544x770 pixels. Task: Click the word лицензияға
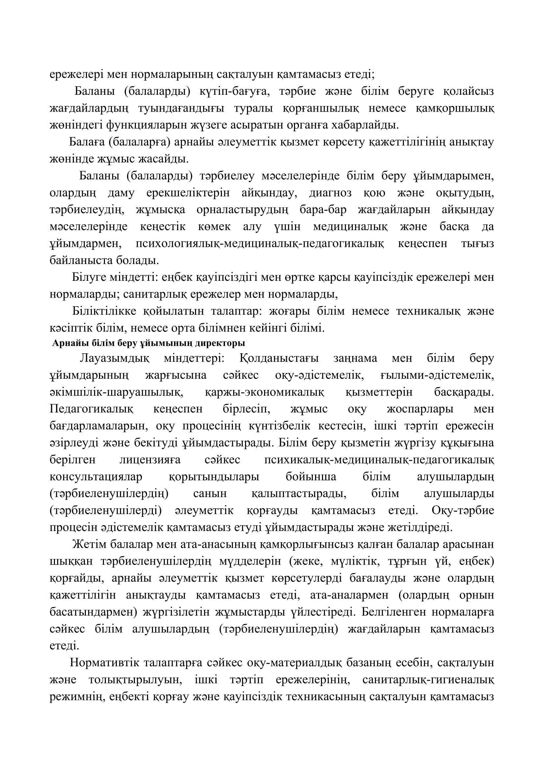click(150, 460)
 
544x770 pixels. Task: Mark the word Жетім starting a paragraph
click(88, 544)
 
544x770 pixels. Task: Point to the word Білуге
click(88, 278)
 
